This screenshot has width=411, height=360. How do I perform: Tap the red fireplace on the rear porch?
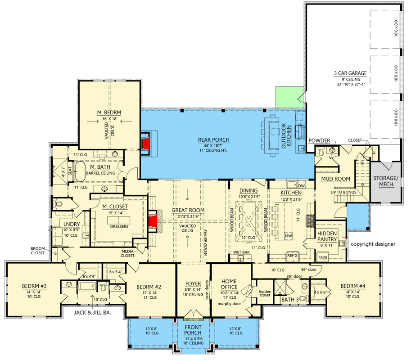tap(145, 144)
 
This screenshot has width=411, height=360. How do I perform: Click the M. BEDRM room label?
tap(109, 112)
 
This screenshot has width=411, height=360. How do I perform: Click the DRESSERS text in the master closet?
tap(119, 226)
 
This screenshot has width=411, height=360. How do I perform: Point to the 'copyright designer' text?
tap(373, 244)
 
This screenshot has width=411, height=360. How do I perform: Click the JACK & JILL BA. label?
tap(92, 312)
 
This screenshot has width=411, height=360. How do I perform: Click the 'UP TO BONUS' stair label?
tap(344, 193)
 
